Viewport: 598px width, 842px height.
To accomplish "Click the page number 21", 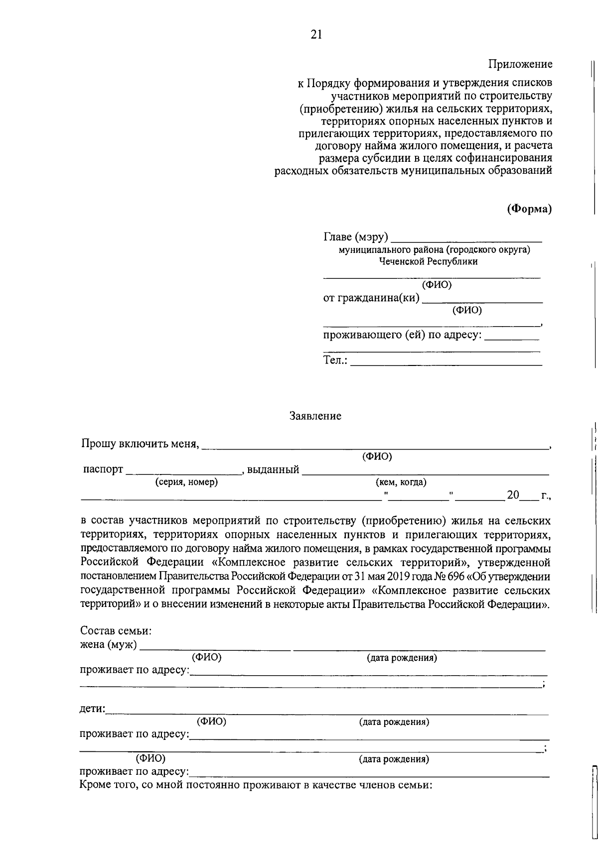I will [316, 34].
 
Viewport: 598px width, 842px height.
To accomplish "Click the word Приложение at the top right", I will [520, 64].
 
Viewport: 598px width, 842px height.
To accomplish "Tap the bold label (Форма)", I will [529, 209].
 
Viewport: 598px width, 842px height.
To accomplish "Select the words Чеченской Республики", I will [428, 261].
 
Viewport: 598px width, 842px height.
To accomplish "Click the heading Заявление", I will [315, 416].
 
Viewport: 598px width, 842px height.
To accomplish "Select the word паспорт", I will [103, 470].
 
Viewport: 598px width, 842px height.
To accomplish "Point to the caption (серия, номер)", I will [186, 482].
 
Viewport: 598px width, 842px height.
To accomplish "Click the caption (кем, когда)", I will [401, 482].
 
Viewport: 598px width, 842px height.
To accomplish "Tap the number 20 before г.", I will [513, 495].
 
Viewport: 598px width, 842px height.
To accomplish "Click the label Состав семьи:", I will [116, 631].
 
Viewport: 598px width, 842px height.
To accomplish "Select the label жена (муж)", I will [109, 645].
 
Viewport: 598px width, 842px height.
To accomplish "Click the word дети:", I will [93, 709].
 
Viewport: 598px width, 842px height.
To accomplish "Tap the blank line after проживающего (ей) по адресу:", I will [511, 339].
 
